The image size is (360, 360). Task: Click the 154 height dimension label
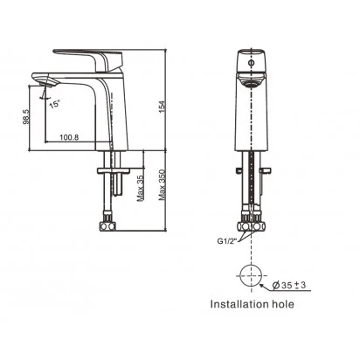pyautogui.click(x=162, y=107)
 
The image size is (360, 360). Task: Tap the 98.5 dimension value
pyautogui.click(x=26, y=116)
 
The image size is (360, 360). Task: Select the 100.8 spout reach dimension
pyautogui.click(x=69, y=137)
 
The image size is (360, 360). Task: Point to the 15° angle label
pyautogui.click(x=54, y=104)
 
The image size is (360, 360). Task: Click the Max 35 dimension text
pyautogui.click(x=141, y=188)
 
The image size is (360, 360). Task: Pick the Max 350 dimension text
pyautogui.click(x=163, y=185)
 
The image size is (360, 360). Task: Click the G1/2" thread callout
pyautogui.click(x=227, y=241)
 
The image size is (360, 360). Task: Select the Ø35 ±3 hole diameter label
pyautogui.click(x=288, y=285)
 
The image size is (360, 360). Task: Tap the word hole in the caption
pyautogui.click(x=283, y=304)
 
